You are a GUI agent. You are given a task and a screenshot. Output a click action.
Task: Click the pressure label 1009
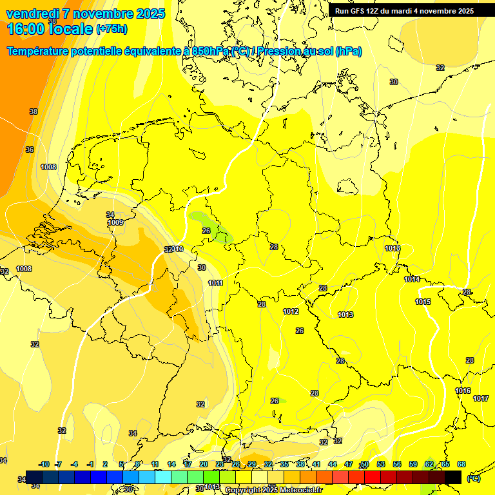coord(116,222)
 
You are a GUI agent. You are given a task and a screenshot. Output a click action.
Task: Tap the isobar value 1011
coord(216,283)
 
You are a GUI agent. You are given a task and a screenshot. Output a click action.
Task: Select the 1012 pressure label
coord(291,311)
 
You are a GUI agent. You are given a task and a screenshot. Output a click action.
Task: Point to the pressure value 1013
coord(345,315)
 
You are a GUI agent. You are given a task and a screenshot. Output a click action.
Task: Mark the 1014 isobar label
coord(412,279)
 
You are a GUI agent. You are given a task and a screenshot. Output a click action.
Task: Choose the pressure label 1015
coord(423,302)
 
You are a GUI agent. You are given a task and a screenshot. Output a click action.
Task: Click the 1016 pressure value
coord(463,391)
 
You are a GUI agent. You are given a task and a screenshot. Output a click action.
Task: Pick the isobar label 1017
coord(481,398)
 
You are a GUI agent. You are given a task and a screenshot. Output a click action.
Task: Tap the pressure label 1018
coord(393,248)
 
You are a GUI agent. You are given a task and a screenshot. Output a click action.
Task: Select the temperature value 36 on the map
coord(30,150)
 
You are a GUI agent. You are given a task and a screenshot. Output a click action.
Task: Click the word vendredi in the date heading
coord(35,14)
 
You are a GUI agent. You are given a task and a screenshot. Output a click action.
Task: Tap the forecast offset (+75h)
coord(111,29)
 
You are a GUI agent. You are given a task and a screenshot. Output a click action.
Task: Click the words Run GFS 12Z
coord(357,11)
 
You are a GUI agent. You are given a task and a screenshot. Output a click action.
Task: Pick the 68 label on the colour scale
coord(461,464)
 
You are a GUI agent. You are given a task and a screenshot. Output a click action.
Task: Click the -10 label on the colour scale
coord(44,464)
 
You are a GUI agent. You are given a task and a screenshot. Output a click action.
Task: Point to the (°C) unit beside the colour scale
coord(473,478)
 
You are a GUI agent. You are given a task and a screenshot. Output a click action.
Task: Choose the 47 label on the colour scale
coord(349,464)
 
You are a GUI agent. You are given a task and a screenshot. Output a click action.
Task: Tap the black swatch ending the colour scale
coord(453,477)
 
